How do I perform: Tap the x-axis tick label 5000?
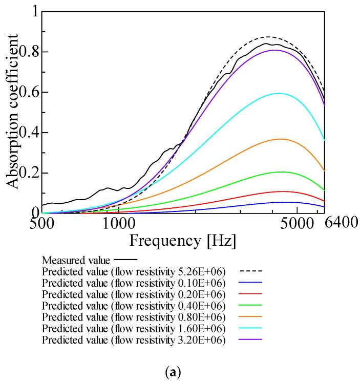(297, 223)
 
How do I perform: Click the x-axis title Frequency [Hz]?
(183, 240)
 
